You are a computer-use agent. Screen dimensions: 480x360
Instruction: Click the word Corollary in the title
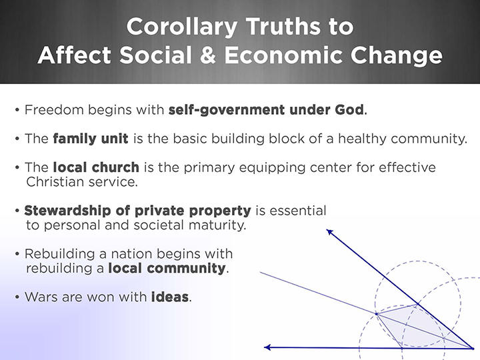(x=182, y=27)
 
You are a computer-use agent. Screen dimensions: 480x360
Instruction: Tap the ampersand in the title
(x=208, y=55)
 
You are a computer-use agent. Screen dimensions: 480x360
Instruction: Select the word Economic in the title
(x=283, y=55)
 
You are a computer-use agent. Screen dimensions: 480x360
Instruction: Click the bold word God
(x=349, y=109)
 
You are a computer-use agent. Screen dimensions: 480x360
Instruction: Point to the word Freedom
(x=54, y=109)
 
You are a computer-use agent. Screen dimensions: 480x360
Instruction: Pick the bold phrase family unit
(x=91, y=139)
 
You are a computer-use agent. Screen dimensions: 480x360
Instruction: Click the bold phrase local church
(x=96, y=167)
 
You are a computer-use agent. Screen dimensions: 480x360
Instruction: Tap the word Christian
(x=55, y=182)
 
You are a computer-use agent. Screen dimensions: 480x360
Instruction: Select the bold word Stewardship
(x=67, y=211)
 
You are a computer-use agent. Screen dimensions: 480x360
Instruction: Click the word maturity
(x=217, y=225)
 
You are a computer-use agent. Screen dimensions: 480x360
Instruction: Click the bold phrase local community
(x=167, y=269)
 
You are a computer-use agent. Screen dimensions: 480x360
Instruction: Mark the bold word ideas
(x=170, y=297)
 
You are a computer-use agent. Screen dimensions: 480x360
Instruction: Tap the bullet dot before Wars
(x=17, y=297)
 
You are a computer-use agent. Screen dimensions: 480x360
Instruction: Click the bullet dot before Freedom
(x=17, y=109)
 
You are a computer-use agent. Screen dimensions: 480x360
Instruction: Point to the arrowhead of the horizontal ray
(x=267, y=347)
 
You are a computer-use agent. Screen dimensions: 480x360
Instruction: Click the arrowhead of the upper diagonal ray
(x=329, y=232)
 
